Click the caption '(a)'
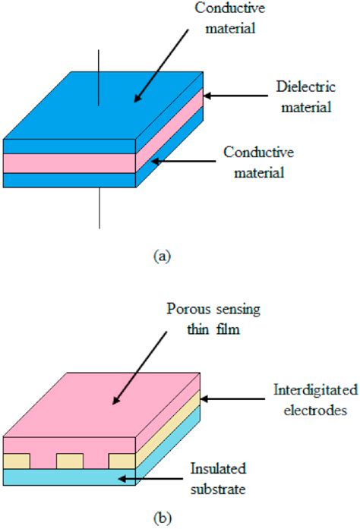click(162, 256)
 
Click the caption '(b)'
click(162, 518)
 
